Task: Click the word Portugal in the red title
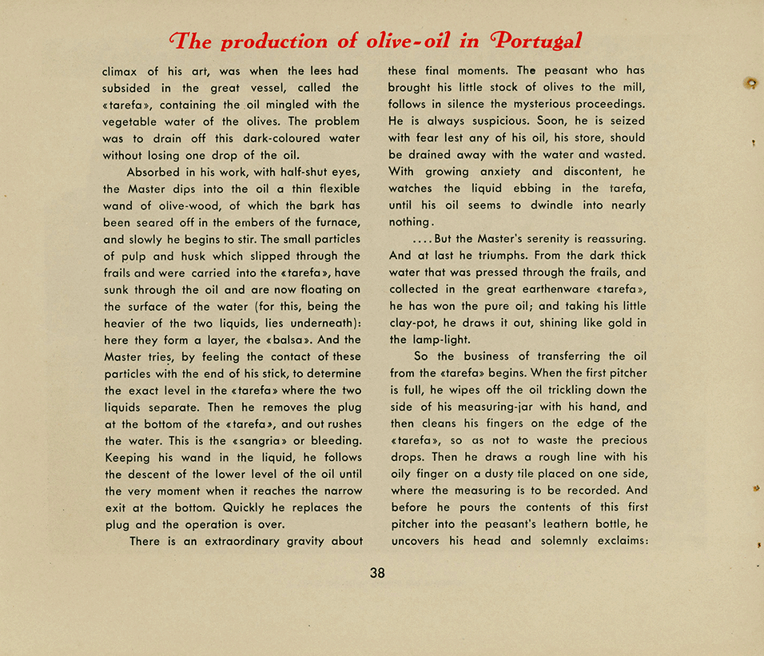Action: point(538,42)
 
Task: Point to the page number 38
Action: point(377,573)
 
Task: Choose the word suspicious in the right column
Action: point(487,121)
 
